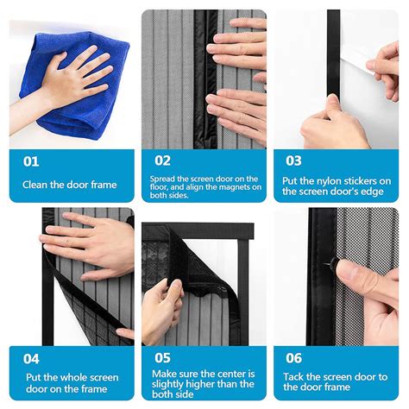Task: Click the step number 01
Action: point(31,160)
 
